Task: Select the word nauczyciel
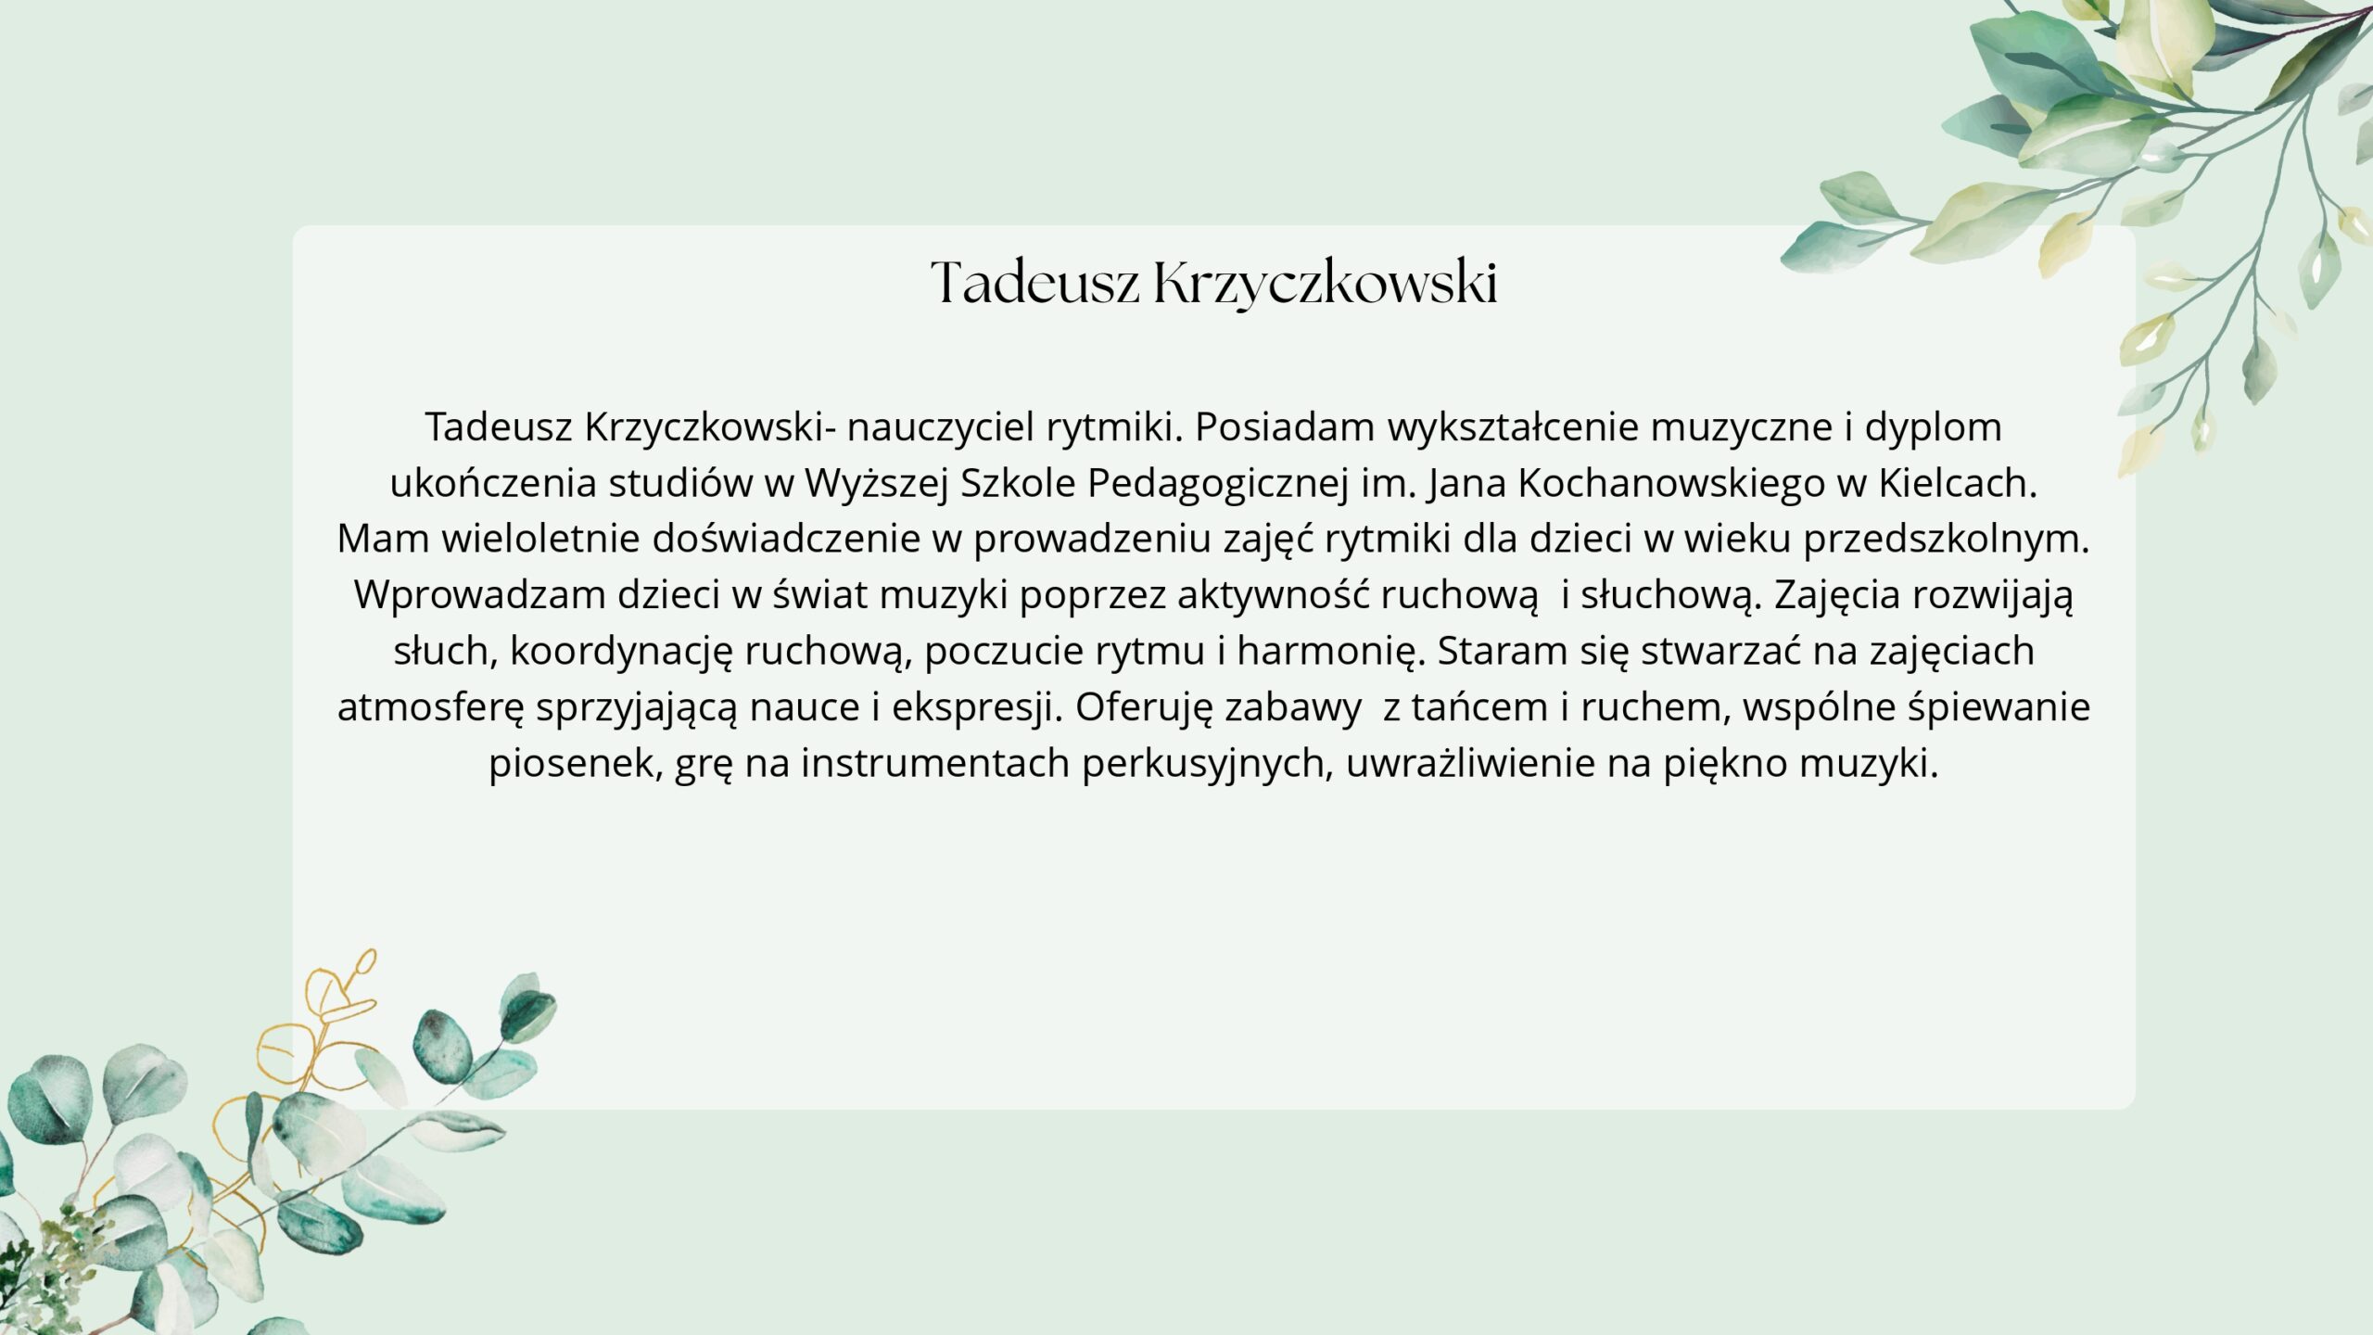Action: [x=940, y=426]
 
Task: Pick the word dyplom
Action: [x=1934, y=428]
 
